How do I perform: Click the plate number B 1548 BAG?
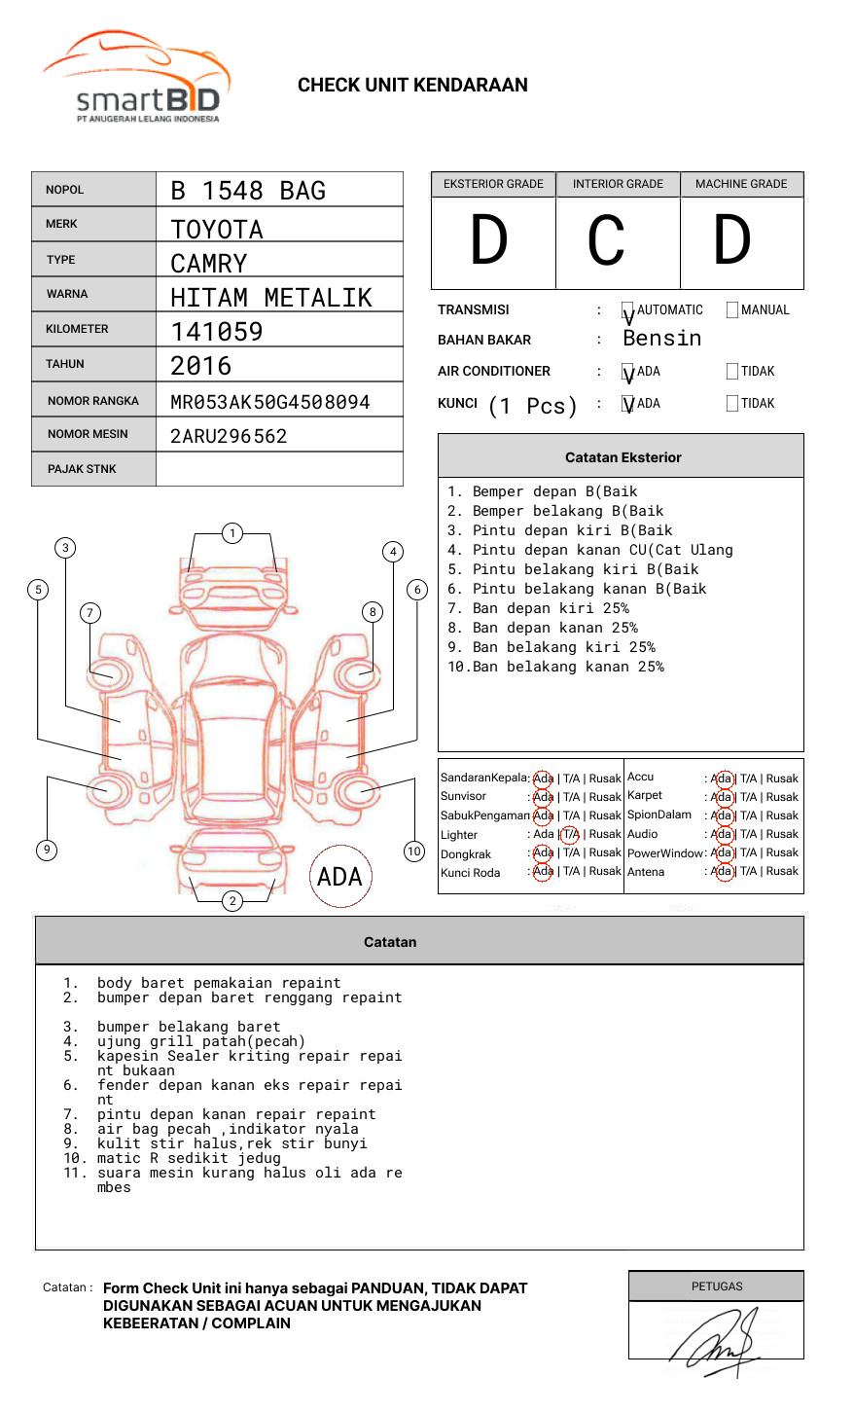coord(248,191)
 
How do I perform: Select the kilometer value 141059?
coord(217,332)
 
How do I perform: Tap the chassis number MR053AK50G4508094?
coord(270,402)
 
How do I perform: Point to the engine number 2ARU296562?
coord(229,436)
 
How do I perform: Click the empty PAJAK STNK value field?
coord(279,469)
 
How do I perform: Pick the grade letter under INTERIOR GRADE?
coord(606,241)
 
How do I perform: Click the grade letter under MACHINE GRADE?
coord(732,241)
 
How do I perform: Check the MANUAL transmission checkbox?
coord(732,309)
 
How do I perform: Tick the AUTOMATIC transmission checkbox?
coord(627,310)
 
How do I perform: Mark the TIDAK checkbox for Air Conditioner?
coord(732,371)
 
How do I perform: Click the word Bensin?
coord(661,339)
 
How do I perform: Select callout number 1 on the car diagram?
coord(231,532)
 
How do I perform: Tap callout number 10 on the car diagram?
coord(414,851)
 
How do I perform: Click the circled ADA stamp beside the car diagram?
coord(339,877)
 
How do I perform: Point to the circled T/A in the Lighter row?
coord(570,834)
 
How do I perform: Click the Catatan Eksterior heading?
coord(623,457)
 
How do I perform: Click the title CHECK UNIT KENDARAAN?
coord(412,85)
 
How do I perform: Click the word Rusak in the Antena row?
coord(782,871)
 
